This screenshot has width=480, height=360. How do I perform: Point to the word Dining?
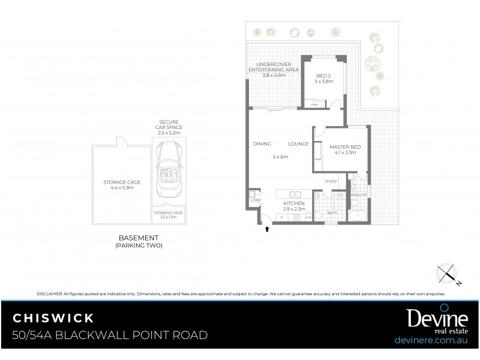(x=262, y=144)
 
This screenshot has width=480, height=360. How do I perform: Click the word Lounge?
(x=298, y=144)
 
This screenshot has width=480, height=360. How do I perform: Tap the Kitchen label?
(x=294, y=204)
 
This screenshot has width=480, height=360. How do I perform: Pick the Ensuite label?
(x=359, y=195)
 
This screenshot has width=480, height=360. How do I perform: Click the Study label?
(x=331, y=181)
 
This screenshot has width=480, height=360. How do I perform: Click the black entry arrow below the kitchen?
(x=267, y=229)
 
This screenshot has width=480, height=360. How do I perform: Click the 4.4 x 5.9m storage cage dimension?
(x=121, y=188)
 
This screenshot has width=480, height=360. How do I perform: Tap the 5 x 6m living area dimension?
(x=280, y=157)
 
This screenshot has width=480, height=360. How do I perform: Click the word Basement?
(x=139, y=238)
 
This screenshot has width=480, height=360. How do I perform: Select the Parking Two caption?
(x=139, y=246)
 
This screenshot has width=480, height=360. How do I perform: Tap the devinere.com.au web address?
(x=431, y=339)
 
